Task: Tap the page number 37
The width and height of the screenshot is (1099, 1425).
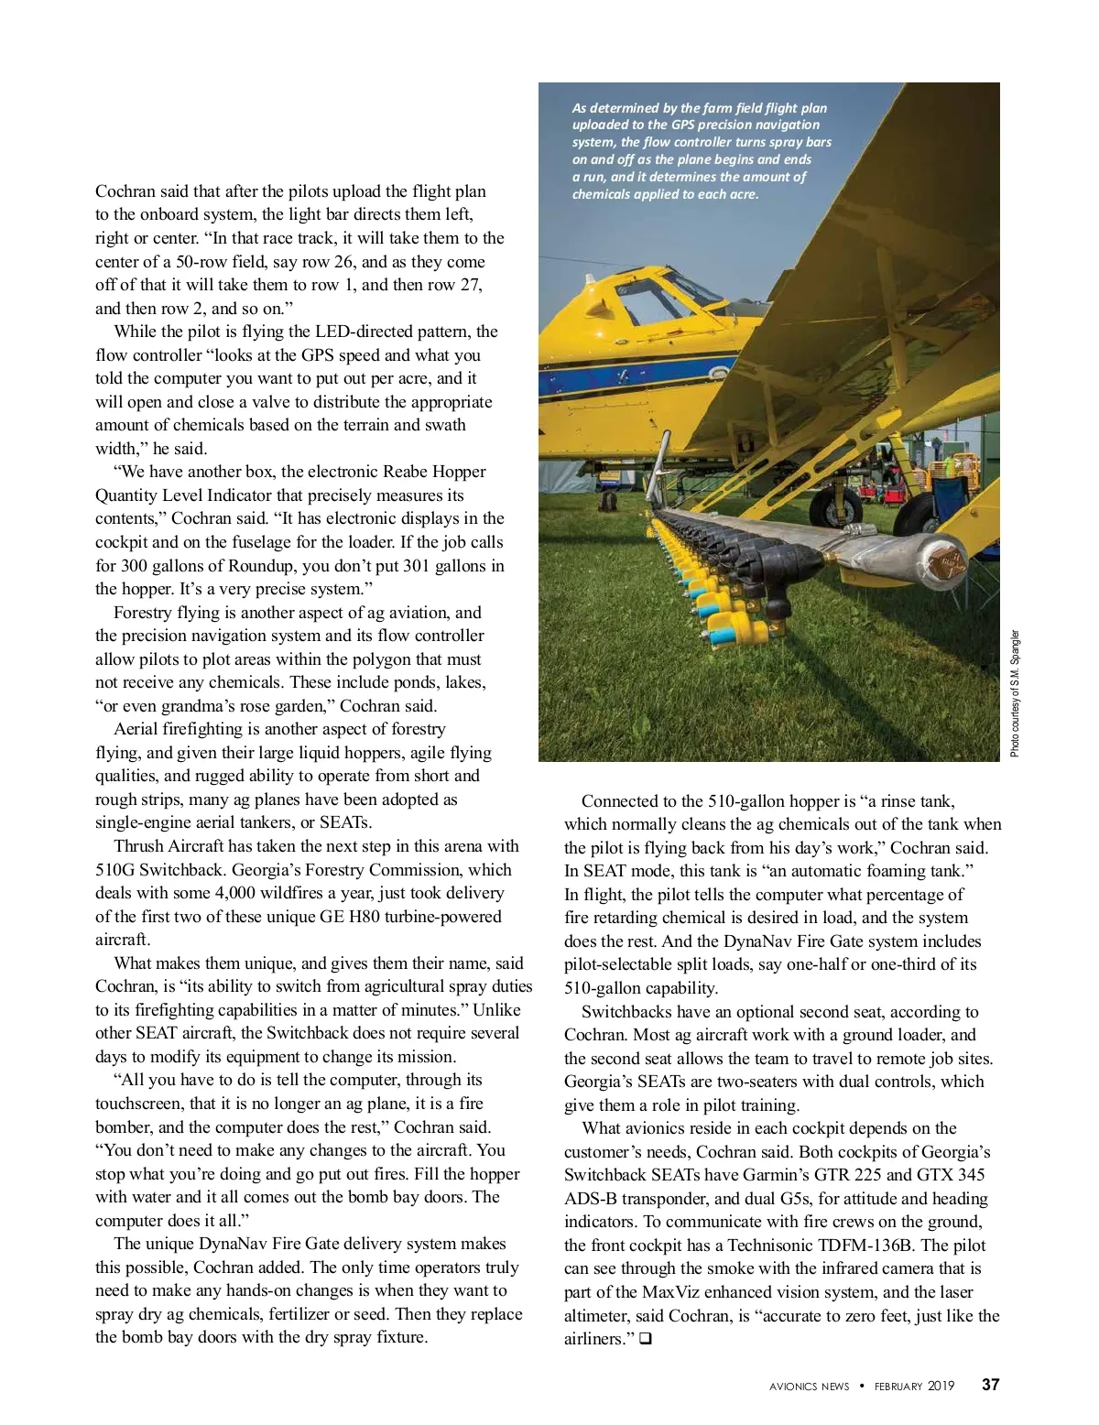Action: [x=990, y=1385]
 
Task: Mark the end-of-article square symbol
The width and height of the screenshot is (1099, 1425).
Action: [x=645, y=1340]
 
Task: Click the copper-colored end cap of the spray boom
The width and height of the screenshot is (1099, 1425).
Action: [x=946, y=561]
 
